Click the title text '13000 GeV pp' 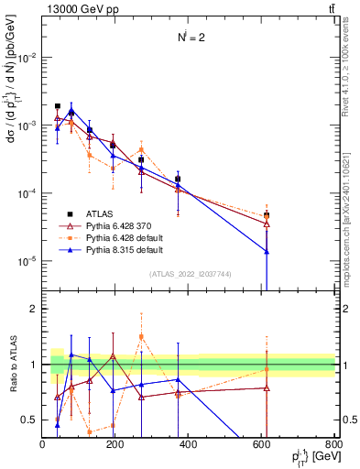71,10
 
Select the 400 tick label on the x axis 189,443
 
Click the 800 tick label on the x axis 334,443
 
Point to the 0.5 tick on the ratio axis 30,420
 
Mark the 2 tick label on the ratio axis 34,309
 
